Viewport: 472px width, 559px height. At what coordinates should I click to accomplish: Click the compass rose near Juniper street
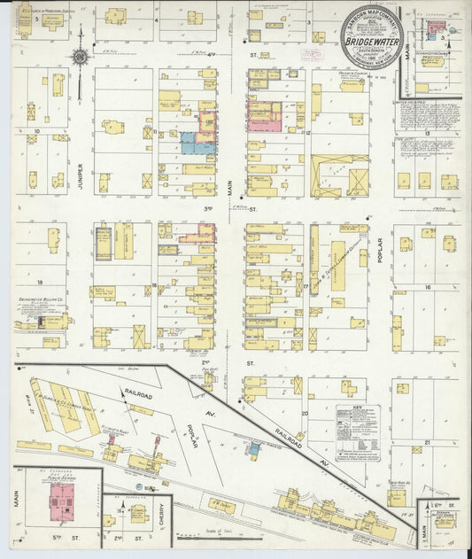pos(79,58)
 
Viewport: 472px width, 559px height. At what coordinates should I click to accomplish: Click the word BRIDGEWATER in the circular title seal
pos(372,42)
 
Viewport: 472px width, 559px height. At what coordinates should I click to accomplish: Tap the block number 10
pos(36,130)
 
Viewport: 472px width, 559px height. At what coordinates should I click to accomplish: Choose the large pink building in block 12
pos(264,116)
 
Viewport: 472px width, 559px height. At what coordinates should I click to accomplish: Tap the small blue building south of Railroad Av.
pos(254,449)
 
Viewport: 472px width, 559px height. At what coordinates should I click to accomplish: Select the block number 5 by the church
pos(35,18)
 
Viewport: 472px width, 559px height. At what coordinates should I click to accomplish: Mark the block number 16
pos(428,287)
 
